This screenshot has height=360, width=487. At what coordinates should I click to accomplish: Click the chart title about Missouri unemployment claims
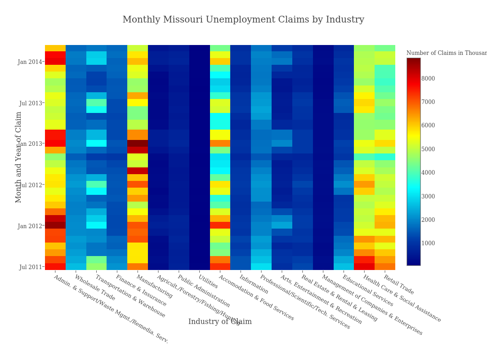pyautogui.click(x=243, y=20)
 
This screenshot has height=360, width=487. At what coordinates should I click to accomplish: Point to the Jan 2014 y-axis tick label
pyautogui.click(x=30, y=62)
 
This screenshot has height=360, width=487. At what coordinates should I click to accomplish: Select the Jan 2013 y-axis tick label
pyautogui.click(x=30, y=144)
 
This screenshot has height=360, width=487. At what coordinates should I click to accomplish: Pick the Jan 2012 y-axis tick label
pyautogui.click(x=30, y=226)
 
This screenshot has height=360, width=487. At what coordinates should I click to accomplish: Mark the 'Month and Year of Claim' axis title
pyautogui.click(x=19, y=157)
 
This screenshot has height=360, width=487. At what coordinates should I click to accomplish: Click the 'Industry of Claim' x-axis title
pyautogui.click(x=220, y=322)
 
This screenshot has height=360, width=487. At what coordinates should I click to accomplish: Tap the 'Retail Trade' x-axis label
pyautogui.click(x=398, y=285)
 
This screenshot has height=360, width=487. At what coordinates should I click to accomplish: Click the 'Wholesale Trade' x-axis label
pyautogui.click(x=94, y=288)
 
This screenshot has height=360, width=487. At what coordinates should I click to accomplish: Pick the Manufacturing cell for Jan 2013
pyautogui.click(x=138, y=144)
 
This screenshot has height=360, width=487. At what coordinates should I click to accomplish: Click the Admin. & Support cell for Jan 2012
pyautogui.click(x=55, y=225)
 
